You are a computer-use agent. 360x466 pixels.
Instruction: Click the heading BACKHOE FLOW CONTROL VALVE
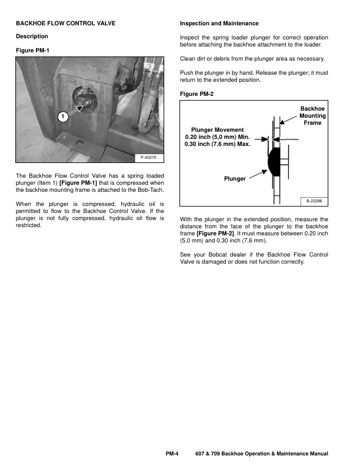click(x=65, y=24)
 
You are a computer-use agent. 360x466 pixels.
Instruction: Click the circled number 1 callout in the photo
click(x=62, y=116)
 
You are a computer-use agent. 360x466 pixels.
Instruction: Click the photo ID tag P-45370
click(x=149, y=158)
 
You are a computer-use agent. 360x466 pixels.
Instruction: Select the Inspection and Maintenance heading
click(x=219, y=24)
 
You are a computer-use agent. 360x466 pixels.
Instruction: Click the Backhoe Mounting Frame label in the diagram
click(x=312, y=116)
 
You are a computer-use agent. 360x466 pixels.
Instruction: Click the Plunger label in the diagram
click(x=234, y=178)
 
